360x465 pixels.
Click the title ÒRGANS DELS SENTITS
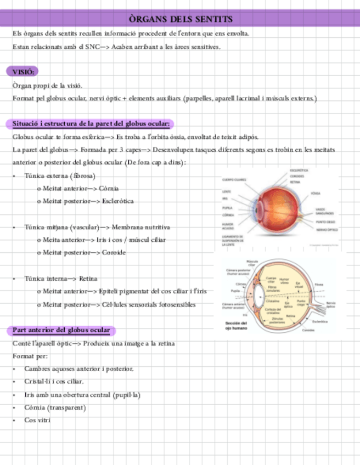point(181,19)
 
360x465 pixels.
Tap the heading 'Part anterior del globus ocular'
point(61,330)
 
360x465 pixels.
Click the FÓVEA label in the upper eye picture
point(316,194)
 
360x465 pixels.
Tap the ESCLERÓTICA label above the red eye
point(299,171)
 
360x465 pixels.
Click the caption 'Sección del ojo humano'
point(237,326)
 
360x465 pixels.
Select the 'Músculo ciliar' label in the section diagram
point(252,263)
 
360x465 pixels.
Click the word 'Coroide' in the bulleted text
point(114,252)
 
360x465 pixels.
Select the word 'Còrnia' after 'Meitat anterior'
point(109,189)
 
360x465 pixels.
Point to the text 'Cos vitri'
point(37,420)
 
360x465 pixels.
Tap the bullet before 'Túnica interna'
point(14,279)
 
